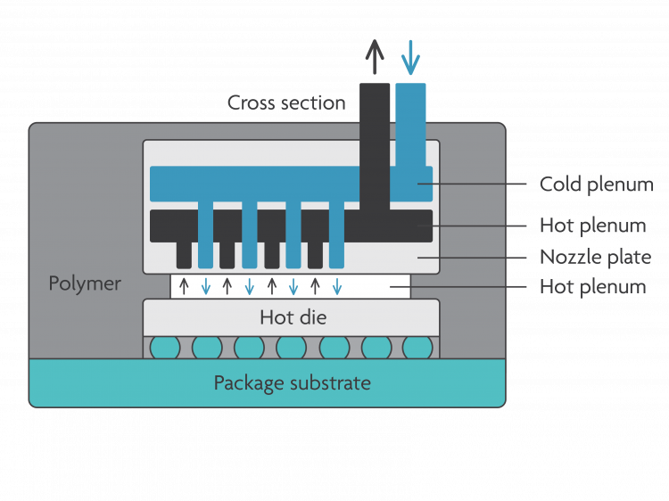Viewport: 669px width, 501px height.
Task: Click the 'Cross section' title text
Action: (285, 103)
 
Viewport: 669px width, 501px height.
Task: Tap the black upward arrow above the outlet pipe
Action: (375, 57)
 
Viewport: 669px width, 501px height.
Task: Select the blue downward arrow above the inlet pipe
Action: (410, 57)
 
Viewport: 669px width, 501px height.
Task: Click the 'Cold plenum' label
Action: (596, 185)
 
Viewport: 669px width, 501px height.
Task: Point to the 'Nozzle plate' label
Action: (595, 258)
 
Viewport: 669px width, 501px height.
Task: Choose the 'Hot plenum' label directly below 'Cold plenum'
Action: (592, 226)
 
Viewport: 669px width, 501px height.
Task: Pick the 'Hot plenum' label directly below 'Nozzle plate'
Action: (592, 287)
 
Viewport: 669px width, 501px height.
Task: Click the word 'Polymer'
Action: (85, 284)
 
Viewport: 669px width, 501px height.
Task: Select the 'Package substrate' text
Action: (292, 383)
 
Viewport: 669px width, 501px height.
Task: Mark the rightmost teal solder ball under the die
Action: (417, 348)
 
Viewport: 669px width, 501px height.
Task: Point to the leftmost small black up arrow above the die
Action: (185, 286)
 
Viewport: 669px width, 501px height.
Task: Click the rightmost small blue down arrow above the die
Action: (336, 286)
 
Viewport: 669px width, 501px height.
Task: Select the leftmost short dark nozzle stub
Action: (184, 253)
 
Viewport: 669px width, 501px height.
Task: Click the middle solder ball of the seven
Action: (291, 348)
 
